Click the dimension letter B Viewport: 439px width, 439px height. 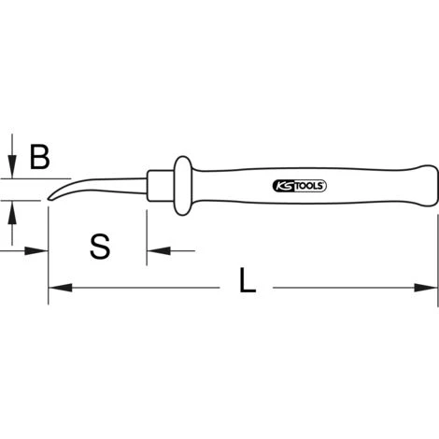point(39,157)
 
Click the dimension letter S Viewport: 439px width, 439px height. point(100,247)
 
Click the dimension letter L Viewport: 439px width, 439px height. point(248,280)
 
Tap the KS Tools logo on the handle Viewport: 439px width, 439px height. point(299,186)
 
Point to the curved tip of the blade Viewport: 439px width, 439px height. point(50,198)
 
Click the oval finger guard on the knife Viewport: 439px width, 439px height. point(183,186)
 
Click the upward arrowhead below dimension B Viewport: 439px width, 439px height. point(12,212)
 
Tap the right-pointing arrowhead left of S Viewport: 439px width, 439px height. point(36,250)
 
